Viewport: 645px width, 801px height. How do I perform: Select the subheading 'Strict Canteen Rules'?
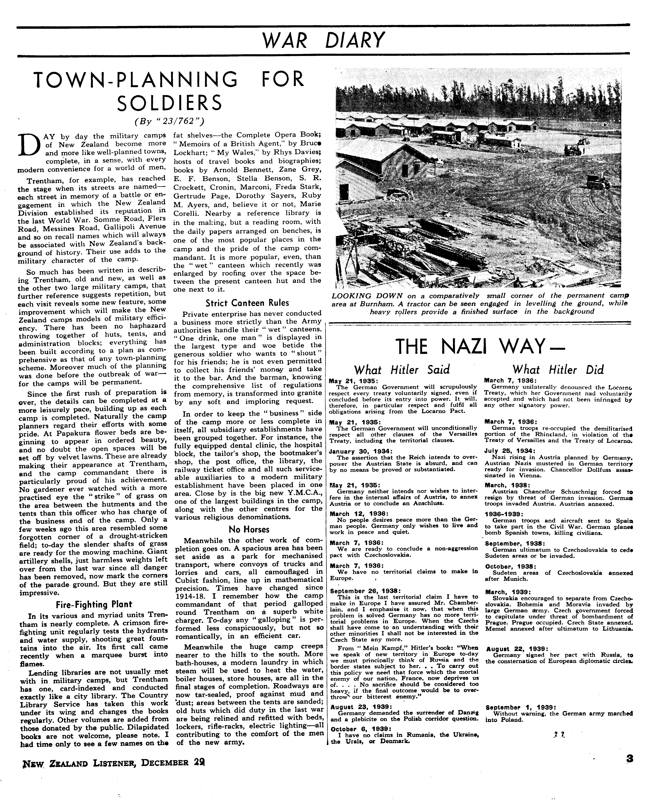click(x=247, y=303)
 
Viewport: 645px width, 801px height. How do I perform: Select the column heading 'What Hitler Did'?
click(x=558, y=370)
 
